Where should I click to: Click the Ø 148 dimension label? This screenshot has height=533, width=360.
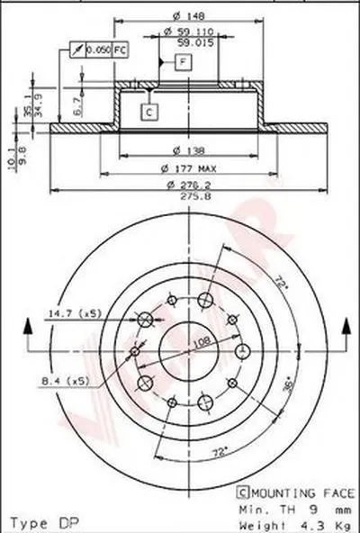[x=186, y=12]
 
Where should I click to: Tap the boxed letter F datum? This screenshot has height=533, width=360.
[x=183, y=62]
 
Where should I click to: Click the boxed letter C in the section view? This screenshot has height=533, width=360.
[x=149, y=112]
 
